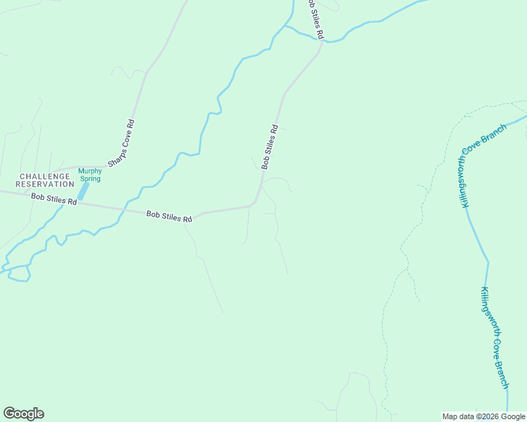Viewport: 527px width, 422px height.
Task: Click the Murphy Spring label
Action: (x=89, y=174)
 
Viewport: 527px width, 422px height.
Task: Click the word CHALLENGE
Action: (x=45, y=176)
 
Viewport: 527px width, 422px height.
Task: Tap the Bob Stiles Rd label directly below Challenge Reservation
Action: (x=54, y=200)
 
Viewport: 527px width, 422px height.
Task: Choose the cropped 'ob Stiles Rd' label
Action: (x=315, y=19)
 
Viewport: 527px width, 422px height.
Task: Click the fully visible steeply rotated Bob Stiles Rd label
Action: (x=271, y=147)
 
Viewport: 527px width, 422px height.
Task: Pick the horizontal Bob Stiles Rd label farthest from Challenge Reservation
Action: (x=169, y=217)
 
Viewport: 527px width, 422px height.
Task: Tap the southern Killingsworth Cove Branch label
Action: (x=495, y=336)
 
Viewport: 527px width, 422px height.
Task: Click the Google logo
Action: (x=23, y=414)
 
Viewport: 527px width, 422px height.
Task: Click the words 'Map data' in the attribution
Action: (x=457, y=416)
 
